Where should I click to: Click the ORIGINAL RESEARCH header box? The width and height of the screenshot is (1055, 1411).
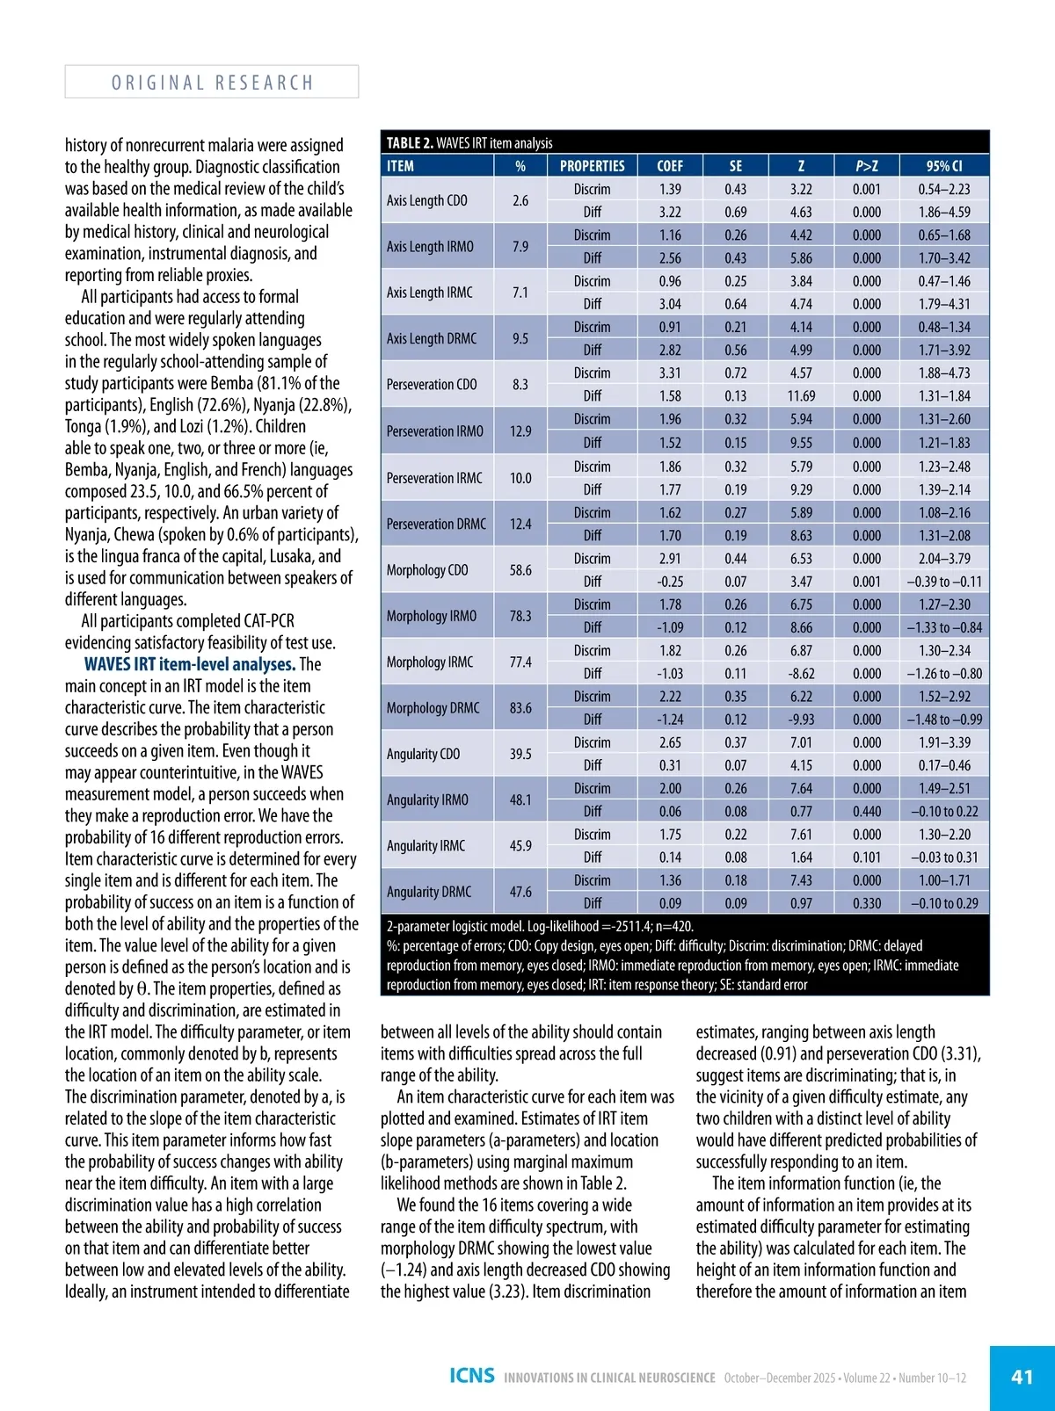pos(212,82)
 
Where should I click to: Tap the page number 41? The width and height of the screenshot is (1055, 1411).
pos(1022,1377)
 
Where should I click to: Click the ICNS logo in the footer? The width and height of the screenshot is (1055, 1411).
pos(472,1376)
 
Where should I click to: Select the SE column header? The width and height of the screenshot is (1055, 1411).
pos(736,166)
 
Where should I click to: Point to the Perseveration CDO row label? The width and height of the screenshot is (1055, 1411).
pos(432,385)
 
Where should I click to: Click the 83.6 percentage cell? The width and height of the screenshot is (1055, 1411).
pos(520,708)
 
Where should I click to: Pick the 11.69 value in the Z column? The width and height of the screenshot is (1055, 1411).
pos(801,396)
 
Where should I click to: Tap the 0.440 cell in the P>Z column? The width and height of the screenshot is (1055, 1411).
pos(867,812)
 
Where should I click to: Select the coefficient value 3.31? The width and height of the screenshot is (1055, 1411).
pos(670,373)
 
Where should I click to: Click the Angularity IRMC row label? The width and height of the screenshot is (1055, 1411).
pos(426,846)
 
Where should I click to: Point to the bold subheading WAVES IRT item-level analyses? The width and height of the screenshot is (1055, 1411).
pos(189,664)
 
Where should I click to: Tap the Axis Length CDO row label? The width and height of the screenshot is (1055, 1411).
pos(427,200)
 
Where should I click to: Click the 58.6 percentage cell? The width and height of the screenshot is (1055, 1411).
pos(520,570)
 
